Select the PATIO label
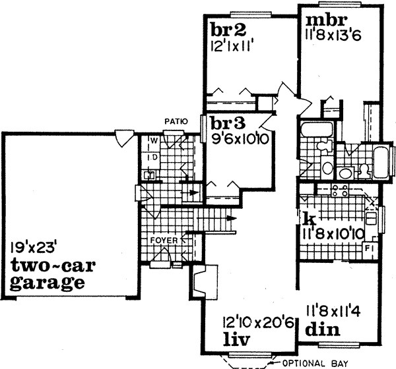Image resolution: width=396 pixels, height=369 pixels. [176, 121]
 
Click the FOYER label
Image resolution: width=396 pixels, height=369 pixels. [163, 241]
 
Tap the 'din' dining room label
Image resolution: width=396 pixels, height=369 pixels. [323, 329]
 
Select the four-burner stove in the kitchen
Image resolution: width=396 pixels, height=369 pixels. [339, 191]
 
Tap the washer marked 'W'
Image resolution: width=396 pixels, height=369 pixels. [151, 141]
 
